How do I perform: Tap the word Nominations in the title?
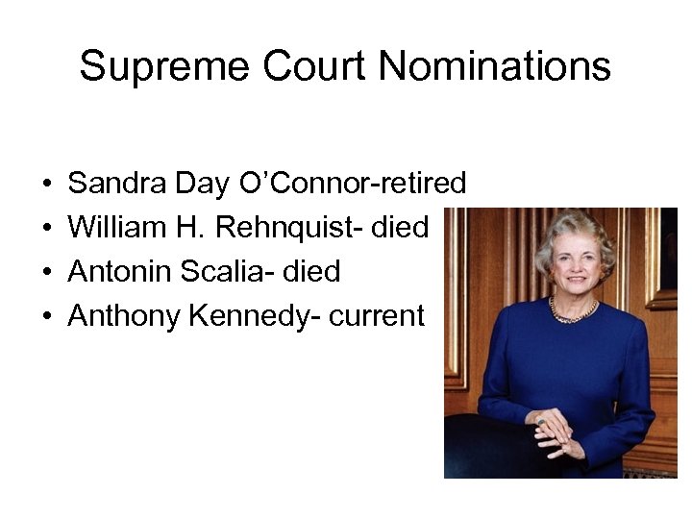click(495, 67)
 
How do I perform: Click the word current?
click(377, 316)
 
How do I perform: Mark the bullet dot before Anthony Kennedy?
click(46, 317)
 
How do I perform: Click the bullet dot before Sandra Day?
click(46, 184)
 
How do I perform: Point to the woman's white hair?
click(575, 231)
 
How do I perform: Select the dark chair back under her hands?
click(490, 447)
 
